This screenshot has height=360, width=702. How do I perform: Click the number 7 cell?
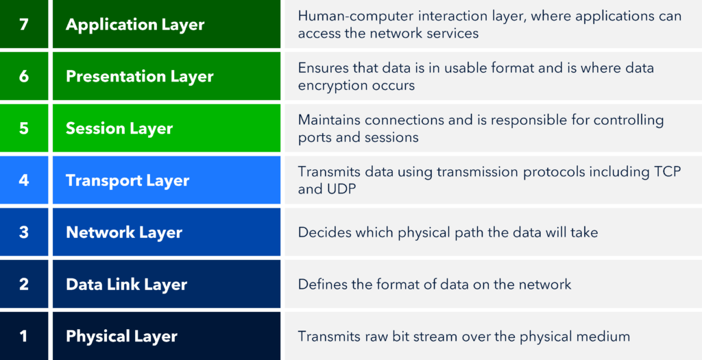click(24, 24)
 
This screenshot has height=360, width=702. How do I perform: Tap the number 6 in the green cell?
click(24, 76)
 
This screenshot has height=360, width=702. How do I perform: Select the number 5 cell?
click(24, 128)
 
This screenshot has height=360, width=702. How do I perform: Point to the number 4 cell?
click(24, 180)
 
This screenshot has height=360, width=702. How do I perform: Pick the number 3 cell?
click(24, 232)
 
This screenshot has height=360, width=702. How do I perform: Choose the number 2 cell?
click(24, 284)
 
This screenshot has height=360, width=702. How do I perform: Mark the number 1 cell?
click(24, 336)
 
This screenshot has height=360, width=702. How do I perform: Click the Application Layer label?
click(135, 25)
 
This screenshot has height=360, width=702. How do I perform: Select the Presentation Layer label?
click(140, 77)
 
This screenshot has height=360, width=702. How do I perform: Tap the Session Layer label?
click(119, 128)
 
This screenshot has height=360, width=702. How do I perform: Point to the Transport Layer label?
click(128, 180)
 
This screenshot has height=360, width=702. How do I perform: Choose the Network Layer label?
click(124, 232)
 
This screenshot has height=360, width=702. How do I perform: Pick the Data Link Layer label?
click(126, 285)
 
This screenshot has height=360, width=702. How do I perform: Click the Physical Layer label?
click(121, 336)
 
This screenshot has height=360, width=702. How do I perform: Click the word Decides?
click(319, 232)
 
